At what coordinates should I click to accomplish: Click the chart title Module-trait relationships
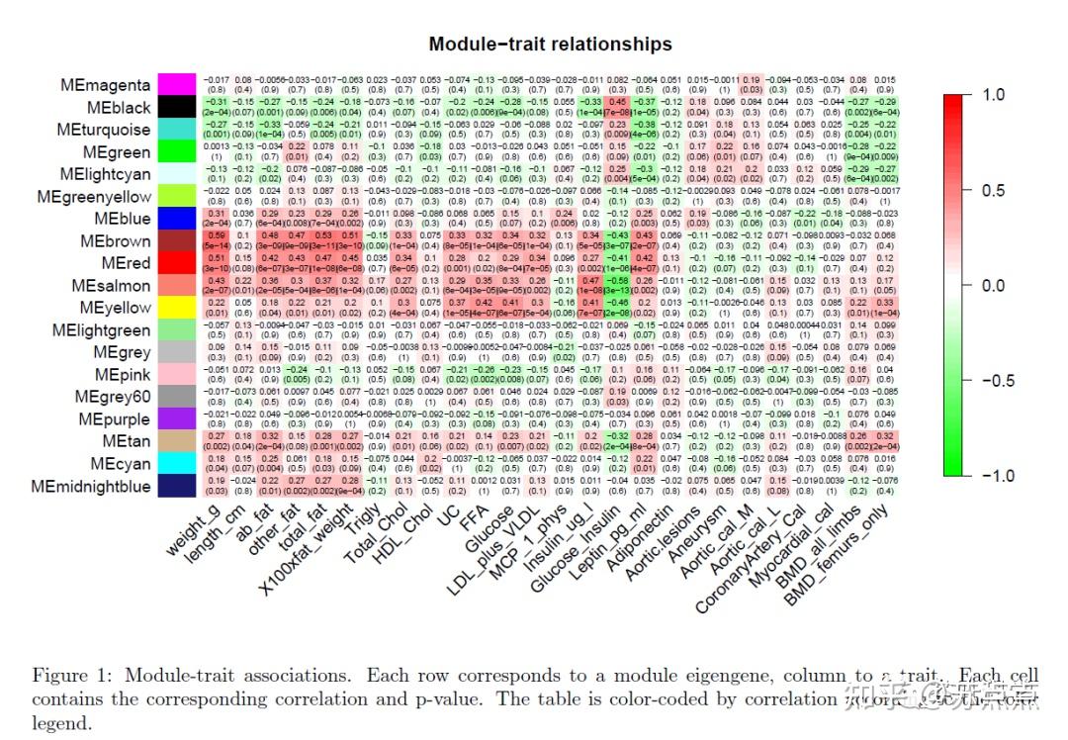(x=550, y=44)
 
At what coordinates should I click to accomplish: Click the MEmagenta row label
(x=105, y=85)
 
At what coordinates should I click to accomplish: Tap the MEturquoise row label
(x=103, y=130)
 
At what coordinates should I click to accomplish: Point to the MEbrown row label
(x=116, y=240)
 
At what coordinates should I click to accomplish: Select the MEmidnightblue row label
(x=91, y=486)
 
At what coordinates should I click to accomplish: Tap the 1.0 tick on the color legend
(x=992, y=94)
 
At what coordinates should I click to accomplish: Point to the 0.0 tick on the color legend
(x=992, y=285)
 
